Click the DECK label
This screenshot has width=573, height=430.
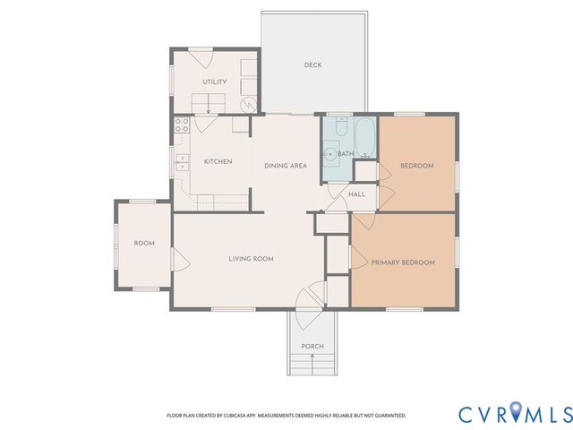(x=312, y=64)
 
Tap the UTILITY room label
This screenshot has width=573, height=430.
(x=214, y=82)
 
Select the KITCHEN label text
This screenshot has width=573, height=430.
(x=218, y=162)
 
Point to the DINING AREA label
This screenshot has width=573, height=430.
(x=286, y=166)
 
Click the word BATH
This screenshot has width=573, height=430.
(x=346, y=154)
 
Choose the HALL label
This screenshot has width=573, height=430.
(x=356, y=193)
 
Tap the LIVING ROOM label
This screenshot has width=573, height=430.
(x=251, y=259)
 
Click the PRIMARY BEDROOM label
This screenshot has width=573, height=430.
(x=403, y=262)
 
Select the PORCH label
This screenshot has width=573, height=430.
(x=312, y=347)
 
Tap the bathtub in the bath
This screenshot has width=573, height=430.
(x=366, y=137)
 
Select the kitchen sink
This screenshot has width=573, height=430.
(x=182, y=162)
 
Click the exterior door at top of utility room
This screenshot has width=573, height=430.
(x=203, y=59)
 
